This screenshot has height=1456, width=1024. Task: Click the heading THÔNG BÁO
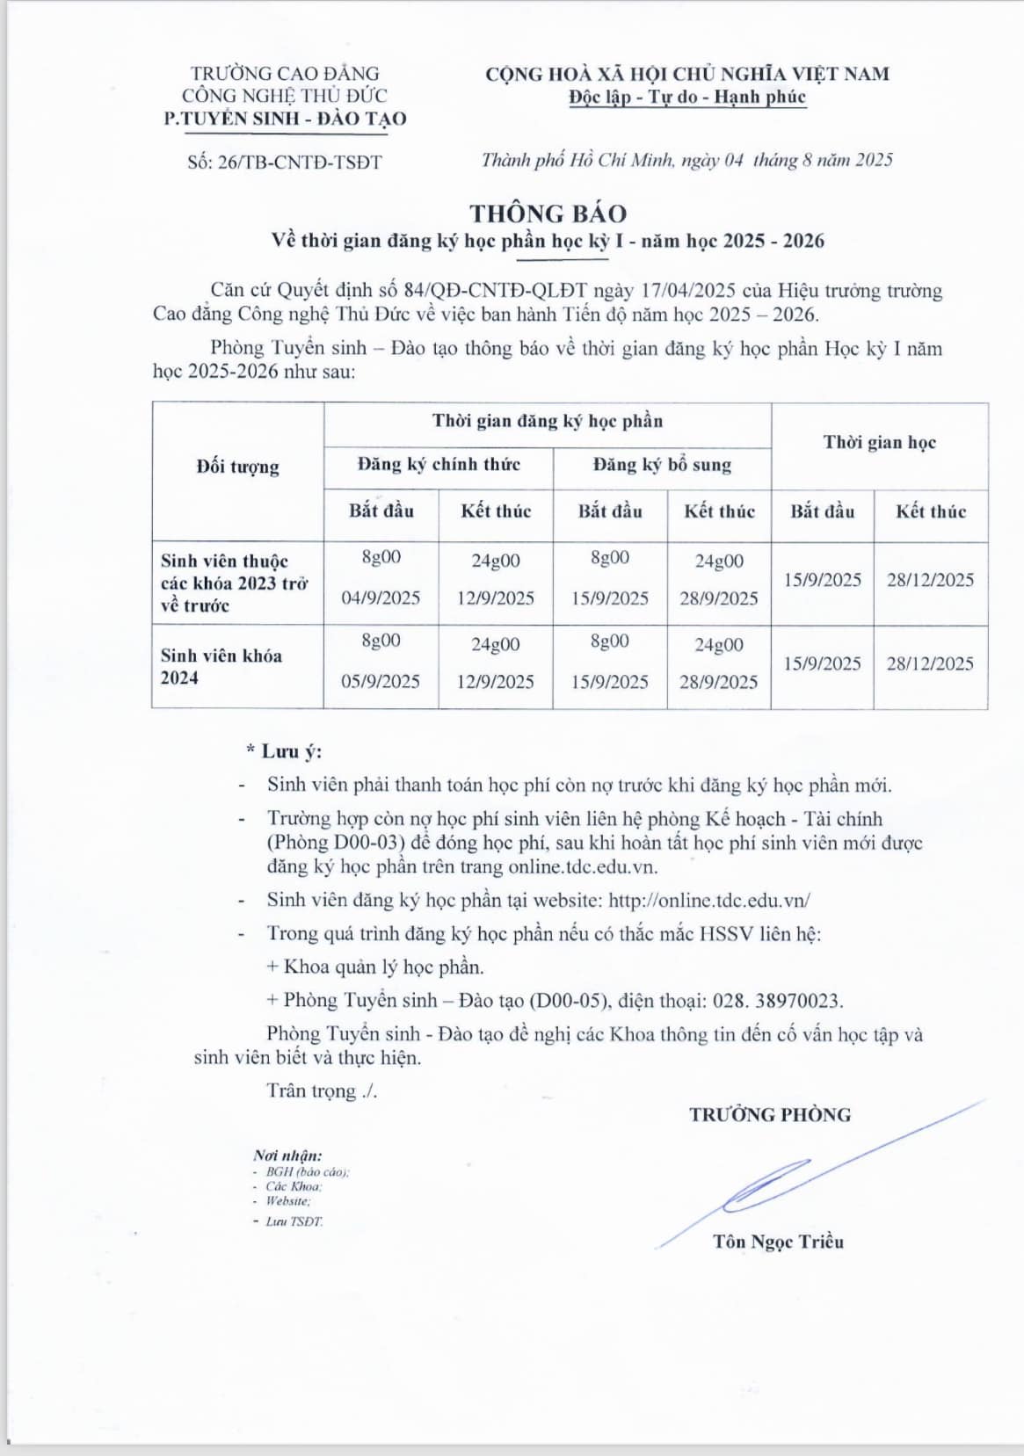(x=548, y=214)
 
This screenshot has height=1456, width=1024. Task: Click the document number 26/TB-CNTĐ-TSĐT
(x=299, y=163)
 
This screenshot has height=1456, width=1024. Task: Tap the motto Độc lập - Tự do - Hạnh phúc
(x=686, y=98)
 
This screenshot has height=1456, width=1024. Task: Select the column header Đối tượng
(x=237, y=467)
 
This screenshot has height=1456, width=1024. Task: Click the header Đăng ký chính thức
(x=439, y=464)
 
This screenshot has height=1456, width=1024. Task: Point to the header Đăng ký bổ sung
(x=662, y=465)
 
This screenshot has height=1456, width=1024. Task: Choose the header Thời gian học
(x=879, y=443)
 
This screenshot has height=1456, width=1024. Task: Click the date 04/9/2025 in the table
(x=381, y=598)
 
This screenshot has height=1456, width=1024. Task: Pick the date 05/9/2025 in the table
(x=381, y=682)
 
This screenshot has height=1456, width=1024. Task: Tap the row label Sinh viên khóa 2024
(x=222, y=666)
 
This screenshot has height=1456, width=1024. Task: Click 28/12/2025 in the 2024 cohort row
(x=930, y=664)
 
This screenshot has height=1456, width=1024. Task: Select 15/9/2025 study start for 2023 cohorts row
(x=822, y=580)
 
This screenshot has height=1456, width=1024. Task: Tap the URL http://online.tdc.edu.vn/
(x=708, y=901)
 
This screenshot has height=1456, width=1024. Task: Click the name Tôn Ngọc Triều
(x=778, y=1242)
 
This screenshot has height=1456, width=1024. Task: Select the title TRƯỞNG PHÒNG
(x=770, y=1115)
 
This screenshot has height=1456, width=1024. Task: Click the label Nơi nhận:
(x=287, y=1155)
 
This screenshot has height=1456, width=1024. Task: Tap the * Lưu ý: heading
(x=285, y=752)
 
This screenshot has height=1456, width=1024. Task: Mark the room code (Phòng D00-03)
(x=335, y=843)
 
